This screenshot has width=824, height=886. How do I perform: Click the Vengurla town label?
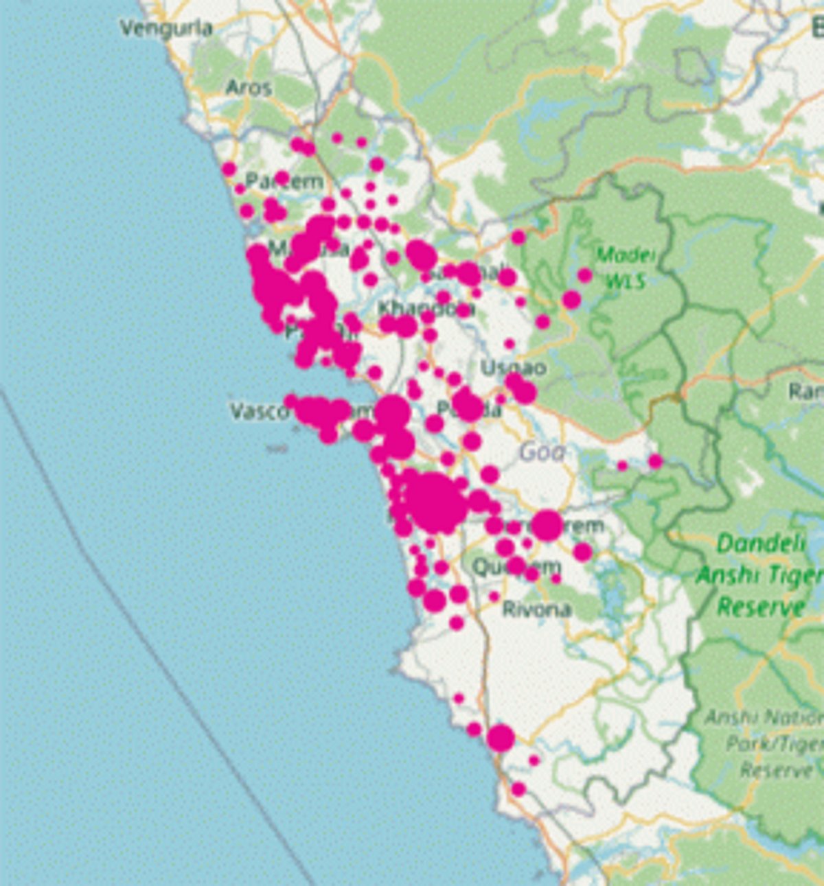[x=166, y=28]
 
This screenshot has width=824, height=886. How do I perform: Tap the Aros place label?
[x=249, y=88]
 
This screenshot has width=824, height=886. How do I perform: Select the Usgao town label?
[x=513, y=367]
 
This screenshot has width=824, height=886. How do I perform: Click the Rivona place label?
[x=536, y=609]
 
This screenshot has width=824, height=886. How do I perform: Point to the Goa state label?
[x=542, y=452]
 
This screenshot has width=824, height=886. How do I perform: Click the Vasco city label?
[x=259, y=411]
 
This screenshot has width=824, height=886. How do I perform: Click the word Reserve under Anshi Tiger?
[x=761, y=607]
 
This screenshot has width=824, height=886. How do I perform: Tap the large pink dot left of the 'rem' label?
[x=547, y=525]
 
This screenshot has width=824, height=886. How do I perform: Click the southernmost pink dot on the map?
[x=518, y=789]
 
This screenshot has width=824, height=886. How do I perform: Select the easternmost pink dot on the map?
[x=655, y=461]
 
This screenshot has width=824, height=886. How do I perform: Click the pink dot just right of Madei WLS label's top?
[x=584, y=275]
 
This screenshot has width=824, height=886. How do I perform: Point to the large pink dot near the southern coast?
[x=501, y=738]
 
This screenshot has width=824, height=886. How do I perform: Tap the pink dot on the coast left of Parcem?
[x=229, y=170]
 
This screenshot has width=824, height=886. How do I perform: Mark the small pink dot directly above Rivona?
[x=494, y=596]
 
